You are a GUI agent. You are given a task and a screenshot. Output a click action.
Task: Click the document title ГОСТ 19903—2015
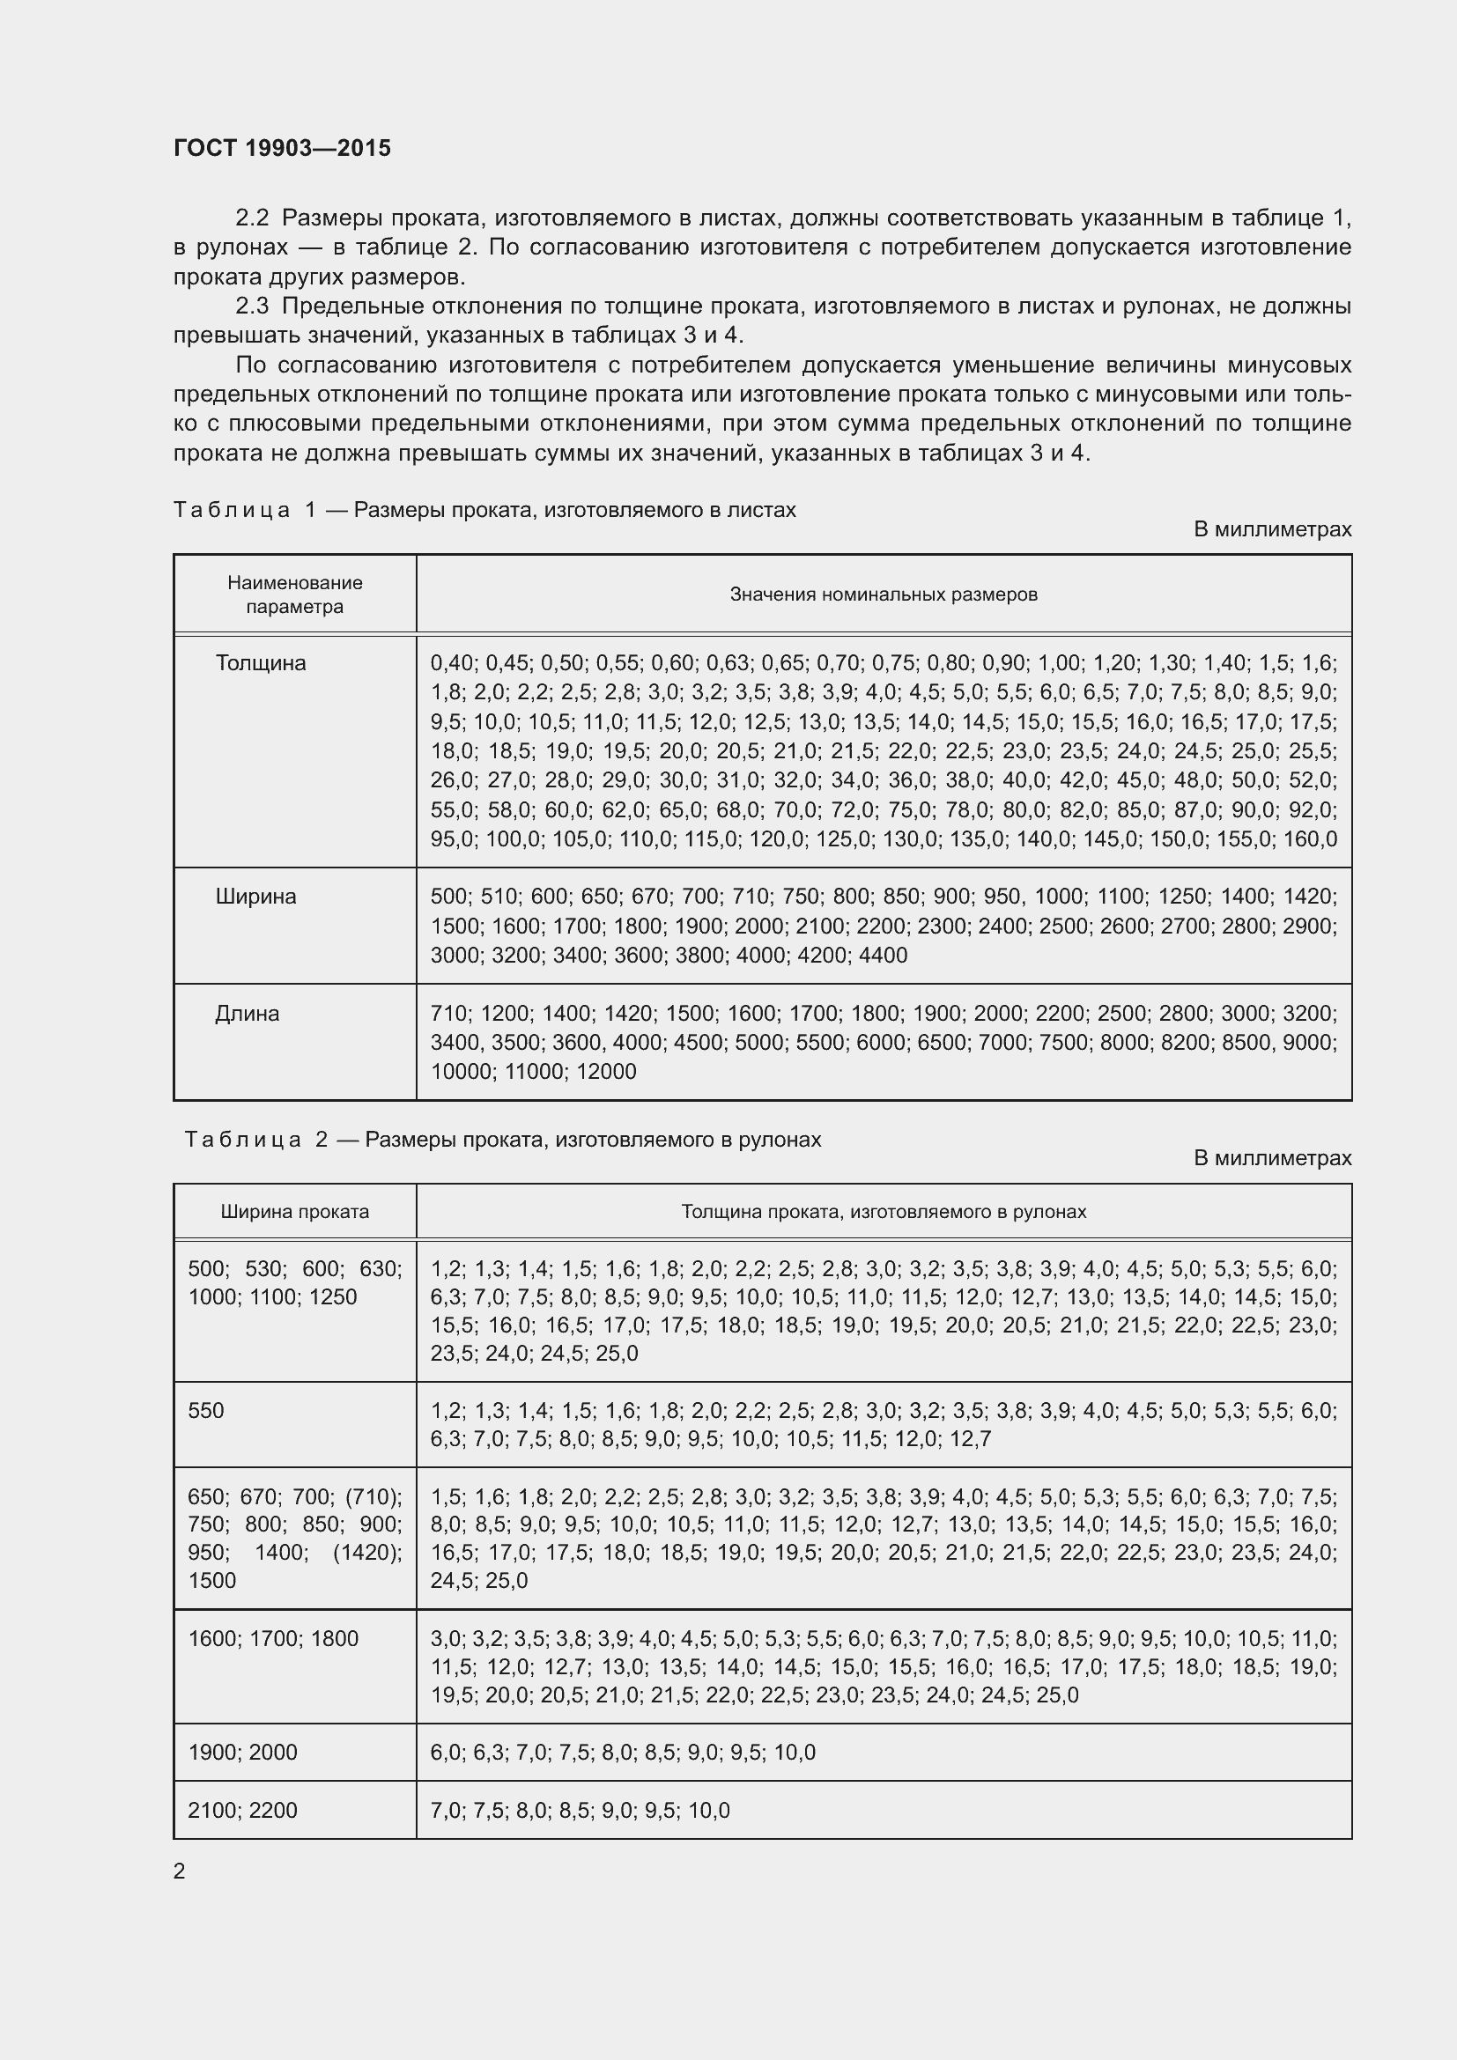282,148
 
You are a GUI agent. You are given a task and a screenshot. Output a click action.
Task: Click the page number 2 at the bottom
180,1871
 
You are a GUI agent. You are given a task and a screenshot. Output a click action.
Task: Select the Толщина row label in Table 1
260,663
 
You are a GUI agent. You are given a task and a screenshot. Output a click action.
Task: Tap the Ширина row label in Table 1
255,897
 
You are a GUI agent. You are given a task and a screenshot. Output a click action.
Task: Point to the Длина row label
247,1013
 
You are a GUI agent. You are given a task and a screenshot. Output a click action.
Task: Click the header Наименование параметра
294,594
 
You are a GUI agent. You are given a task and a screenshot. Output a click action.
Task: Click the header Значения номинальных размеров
883,594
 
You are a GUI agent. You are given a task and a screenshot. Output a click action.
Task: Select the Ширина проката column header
294,1211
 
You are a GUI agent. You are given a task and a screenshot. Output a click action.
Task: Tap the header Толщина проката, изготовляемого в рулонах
883,1211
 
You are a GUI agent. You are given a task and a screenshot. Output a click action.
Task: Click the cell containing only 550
206,1410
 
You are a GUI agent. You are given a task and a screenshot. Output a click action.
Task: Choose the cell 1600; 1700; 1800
273,1638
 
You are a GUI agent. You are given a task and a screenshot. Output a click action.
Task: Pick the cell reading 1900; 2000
242,1753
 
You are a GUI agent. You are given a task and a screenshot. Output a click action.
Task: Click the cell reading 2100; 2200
242,1810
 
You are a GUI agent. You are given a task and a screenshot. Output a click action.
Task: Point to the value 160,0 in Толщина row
1310,839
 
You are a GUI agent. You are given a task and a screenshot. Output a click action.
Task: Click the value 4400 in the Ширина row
883,956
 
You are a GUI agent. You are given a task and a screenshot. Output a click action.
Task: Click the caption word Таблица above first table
232,511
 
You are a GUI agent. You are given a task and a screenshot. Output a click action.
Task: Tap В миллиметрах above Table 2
1271,1158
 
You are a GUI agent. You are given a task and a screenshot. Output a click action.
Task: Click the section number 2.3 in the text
252,306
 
